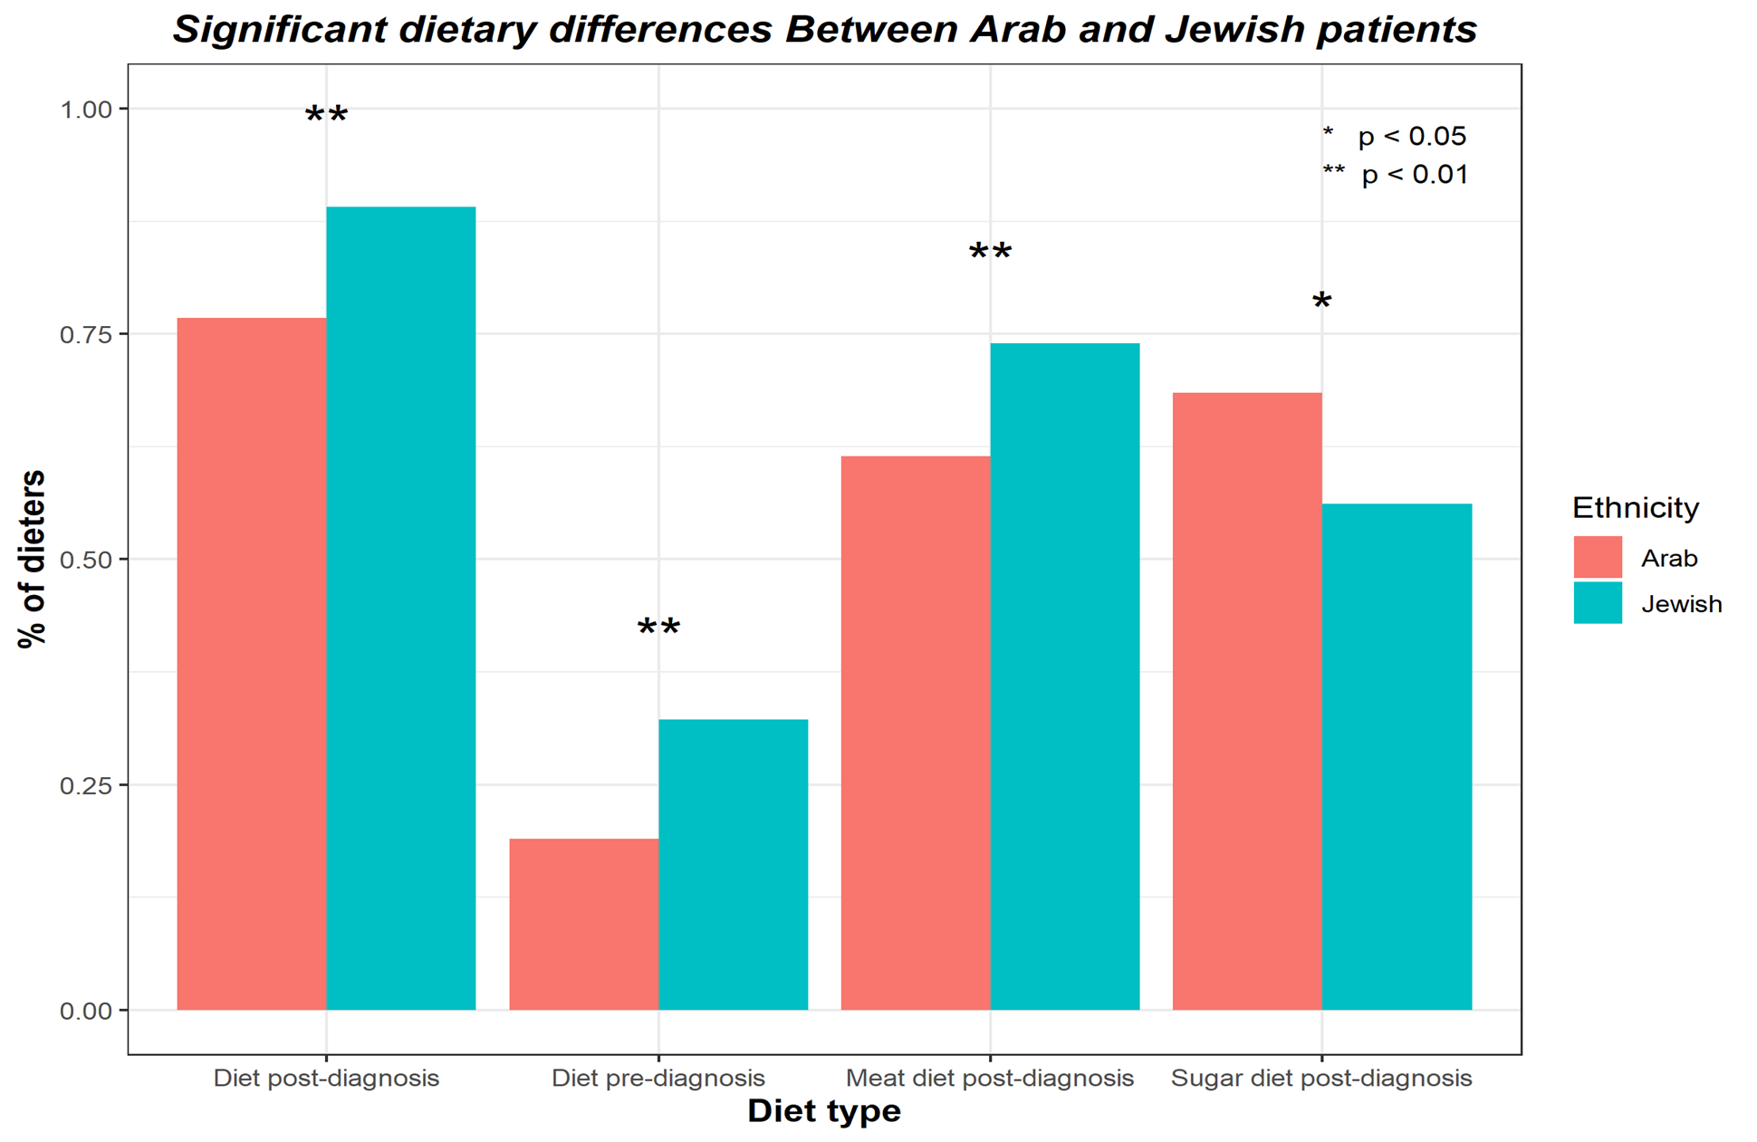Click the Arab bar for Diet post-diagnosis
pyautogui.click(x=252, y=663)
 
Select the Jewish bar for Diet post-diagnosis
pyautogui.click(x=400, y=608)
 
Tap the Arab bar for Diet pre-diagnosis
pyautogui.click(x=583, y=924)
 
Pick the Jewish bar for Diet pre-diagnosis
pyautogui.click(x=733, y=864)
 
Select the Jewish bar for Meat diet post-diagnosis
pyautogui.click(x=1064, y=676)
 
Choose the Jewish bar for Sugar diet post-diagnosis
pyautogui.click(x=1396, y=756)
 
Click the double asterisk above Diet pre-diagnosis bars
pyautogui.click(x=658, y=627)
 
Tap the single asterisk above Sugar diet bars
pyautogui.click(x=1321, y=302)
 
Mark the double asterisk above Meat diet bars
pyautogui.click(x=990, y=252)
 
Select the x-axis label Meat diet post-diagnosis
pyautogui.click(x=989, y=1078)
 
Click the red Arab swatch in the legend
pyautogui.click(x=1597, y=557)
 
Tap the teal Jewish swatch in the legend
pyautogui.click(x=1597, y=603)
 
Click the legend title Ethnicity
pyautogui.click(x=1635, y=507)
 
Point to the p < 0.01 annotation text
pyautogui.click(x=1414, y=174)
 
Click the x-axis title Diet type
pyautogui.click(x=823, y=1110)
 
